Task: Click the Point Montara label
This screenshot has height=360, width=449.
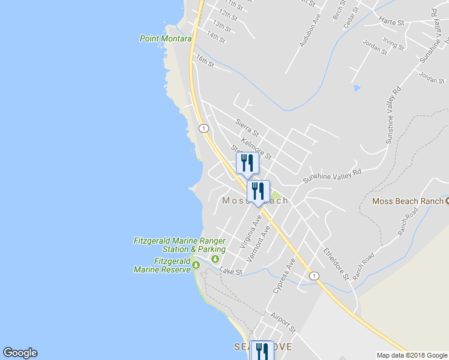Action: (x=165, y=38)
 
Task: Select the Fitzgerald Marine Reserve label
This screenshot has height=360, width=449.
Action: (x=160, y=265)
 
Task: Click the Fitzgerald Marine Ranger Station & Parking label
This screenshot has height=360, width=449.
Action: (x=179, y=245)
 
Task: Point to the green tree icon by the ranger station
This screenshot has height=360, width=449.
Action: (x=215, y=259)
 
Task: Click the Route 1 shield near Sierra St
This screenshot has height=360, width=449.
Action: (x=204, y=128)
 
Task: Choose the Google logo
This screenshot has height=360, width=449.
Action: (x=20, y=353)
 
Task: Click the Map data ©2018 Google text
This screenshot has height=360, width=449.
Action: (x=411, y=355)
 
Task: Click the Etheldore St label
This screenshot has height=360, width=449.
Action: (x=336, y=263)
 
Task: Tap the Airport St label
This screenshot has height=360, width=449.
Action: (x=283, y=322)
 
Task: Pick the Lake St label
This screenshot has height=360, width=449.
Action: (x=231, y=272)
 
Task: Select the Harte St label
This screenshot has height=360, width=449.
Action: (x=392, y=21)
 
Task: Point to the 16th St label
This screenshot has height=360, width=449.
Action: (x=205, y=61)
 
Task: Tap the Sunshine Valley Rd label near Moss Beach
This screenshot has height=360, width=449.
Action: (x=332, y=175)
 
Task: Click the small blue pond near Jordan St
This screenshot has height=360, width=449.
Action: (x=357, y=88)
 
